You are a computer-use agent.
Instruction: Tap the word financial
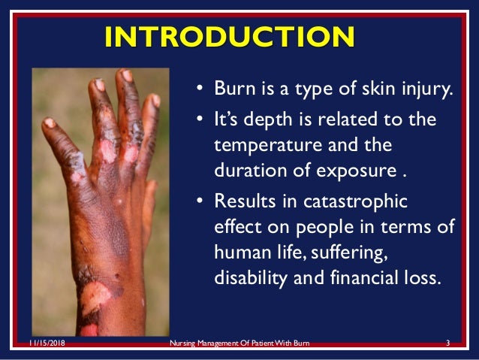pyautogui.click(x=365, y=274)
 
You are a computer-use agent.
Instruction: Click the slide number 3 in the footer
pyautogui.click(x=447, y=343)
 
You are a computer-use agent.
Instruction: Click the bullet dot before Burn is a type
pyautogui.click(x=200, y=95)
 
